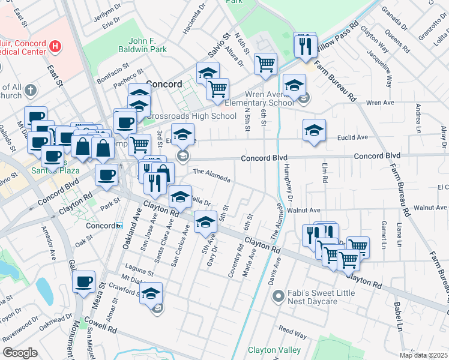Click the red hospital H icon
tap(56, 45)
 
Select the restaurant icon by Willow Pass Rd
tap(305, 44)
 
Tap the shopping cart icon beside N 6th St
tap(265, 64)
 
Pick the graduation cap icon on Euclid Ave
tap(314, 130)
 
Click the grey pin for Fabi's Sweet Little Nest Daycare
tap(278, 296)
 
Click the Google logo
tap(19, 353)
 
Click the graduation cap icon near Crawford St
tap(151, 293)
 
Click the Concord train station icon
tap(119, 226)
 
